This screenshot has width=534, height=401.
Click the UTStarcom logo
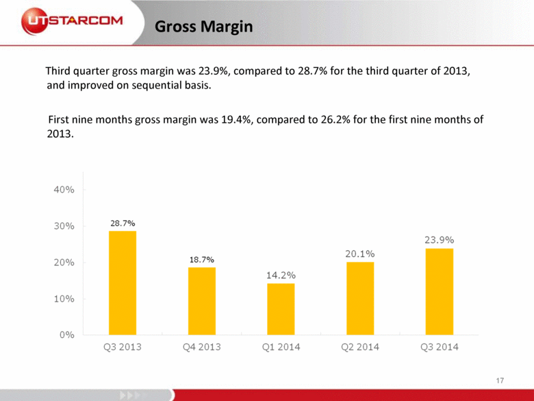pos(72,21)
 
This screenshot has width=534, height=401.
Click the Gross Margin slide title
pos(203,27)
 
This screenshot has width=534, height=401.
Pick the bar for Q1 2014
pos(280,309)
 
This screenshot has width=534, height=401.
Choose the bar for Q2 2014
pos(359,298)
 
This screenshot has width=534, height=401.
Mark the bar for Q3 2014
pos(439,291)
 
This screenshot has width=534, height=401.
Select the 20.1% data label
pos(359,254)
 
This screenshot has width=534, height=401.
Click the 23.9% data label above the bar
pos(439,240)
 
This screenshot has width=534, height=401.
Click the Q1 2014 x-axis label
pos(280,347)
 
